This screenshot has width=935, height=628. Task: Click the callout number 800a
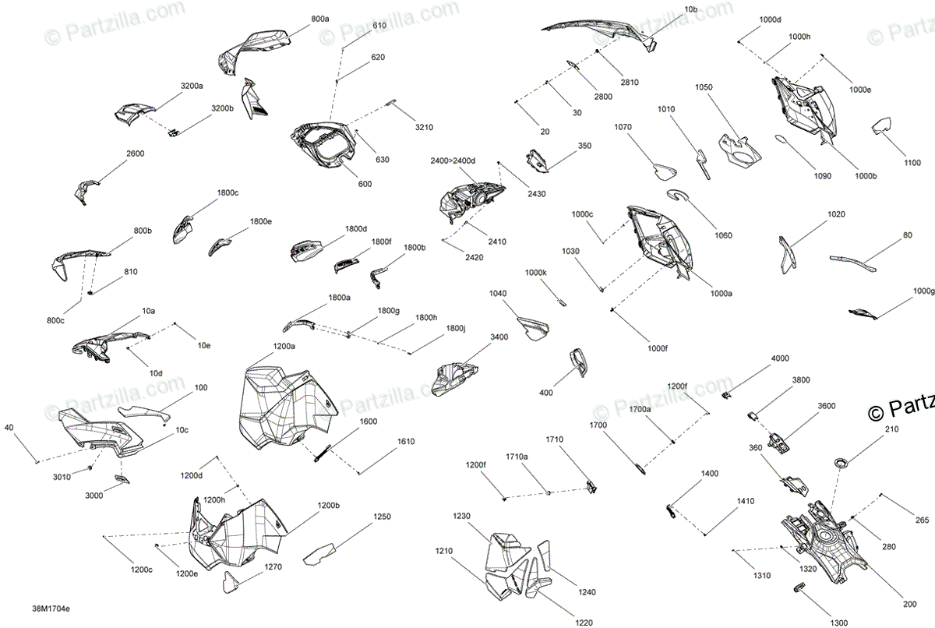click(320, 19)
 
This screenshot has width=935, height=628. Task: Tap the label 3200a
click(192, 86)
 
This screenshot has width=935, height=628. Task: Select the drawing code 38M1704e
click(51, 609)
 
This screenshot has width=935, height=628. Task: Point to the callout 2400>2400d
click(453, 161)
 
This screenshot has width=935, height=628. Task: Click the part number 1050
click(704, 87)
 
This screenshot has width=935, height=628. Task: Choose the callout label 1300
click(839, 623)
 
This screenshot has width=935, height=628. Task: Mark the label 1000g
click(923, 291)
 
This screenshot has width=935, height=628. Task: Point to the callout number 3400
click(499, 337)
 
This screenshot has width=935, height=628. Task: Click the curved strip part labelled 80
click(852, 263)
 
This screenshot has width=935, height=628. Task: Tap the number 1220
click(584, 623)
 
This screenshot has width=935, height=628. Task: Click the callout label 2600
click(136, 153)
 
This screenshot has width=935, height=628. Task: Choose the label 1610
click(406, 442)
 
